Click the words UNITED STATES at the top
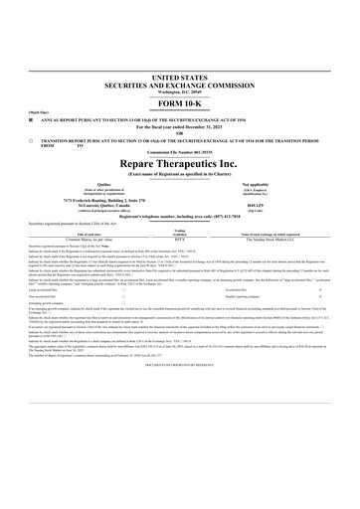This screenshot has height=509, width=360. pyautogui.click(x=180, y=77)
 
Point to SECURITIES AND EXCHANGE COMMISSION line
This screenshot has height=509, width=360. pyautogui.click(x=180, y=85)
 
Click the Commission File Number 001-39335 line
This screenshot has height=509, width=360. pyautogui.click(x=180, y=154)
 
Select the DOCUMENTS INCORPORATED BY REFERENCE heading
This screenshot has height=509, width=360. pyautogui.click(x=180, y=366)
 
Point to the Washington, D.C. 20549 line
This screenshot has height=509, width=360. pyautogui.click(x=180, y=91)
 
